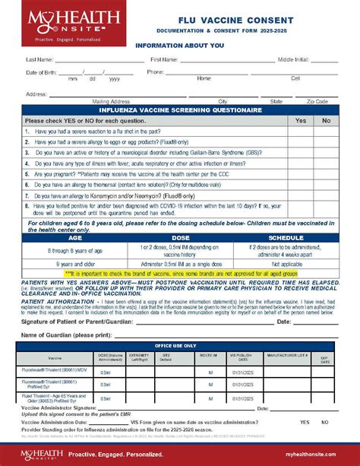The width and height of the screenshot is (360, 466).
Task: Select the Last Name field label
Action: click(x=39, y=59)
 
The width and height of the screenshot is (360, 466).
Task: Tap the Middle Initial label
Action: click(x=294, y=59)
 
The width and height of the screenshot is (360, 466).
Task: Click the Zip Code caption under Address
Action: click(x=317, y=101)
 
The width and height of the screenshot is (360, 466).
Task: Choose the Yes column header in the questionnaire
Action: click(x=301, y=120)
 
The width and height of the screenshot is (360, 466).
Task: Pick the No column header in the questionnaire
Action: click(x=327, y=120)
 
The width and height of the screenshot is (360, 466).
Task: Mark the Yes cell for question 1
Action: click(x=301, y=131)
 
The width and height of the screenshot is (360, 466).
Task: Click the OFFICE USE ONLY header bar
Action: click(x=180, y=345)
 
